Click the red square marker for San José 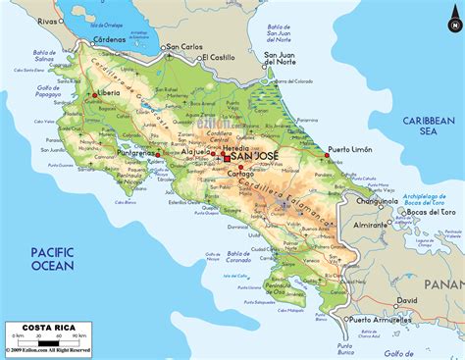point(227,158)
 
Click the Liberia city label point(113,93)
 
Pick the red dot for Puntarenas point(157,154)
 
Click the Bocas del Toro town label point(432,212)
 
